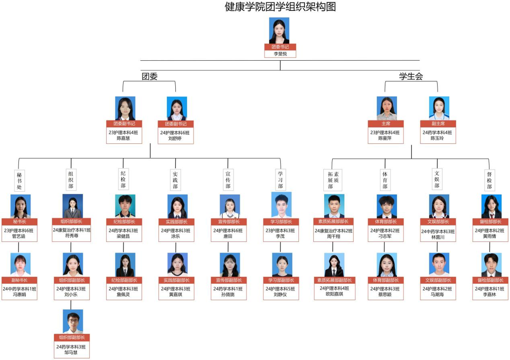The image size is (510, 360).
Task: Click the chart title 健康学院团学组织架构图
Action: click(280, 7)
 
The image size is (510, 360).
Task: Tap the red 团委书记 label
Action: click(280, 47)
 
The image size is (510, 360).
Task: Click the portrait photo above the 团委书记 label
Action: click(279, 30)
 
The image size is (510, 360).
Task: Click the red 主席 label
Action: click(386, 123)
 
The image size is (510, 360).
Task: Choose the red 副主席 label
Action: click(439, 123)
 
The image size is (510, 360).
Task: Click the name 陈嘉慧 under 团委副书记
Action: click(124, 138)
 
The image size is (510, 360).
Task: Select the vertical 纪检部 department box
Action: click(123, 179)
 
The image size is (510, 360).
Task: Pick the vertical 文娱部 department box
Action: click(437, 179)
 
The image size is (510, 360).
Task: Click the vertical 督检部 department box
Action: click(490, 180)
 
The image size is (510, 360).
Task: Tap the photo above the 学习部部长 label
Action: click(281, 205)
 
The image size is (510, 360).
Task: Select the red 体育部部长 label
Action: click(386, 222)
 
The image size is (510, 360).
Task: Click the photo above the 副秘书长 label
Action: click(20, 264)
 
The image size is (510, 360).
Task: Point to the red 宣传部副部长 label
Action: click(228, 280)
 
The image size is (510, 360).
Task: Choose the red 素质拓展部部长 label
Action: click(334, 222)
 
